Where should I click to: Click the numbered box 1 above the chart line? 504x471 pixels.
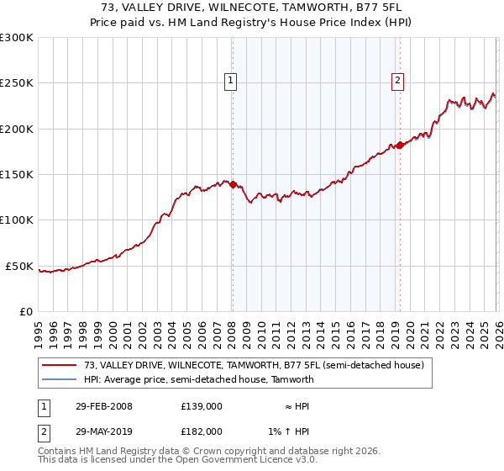230,81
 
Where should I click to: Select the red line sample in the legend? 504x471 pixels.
59,366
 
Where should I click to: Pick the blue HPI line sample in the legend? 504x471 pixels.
59,379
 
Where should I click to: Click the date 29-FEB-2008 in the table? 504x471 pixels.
103,406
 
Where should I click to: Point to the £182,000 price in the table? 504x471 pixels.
202,431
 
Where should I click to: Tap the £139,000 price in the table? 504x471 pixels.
202,406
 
